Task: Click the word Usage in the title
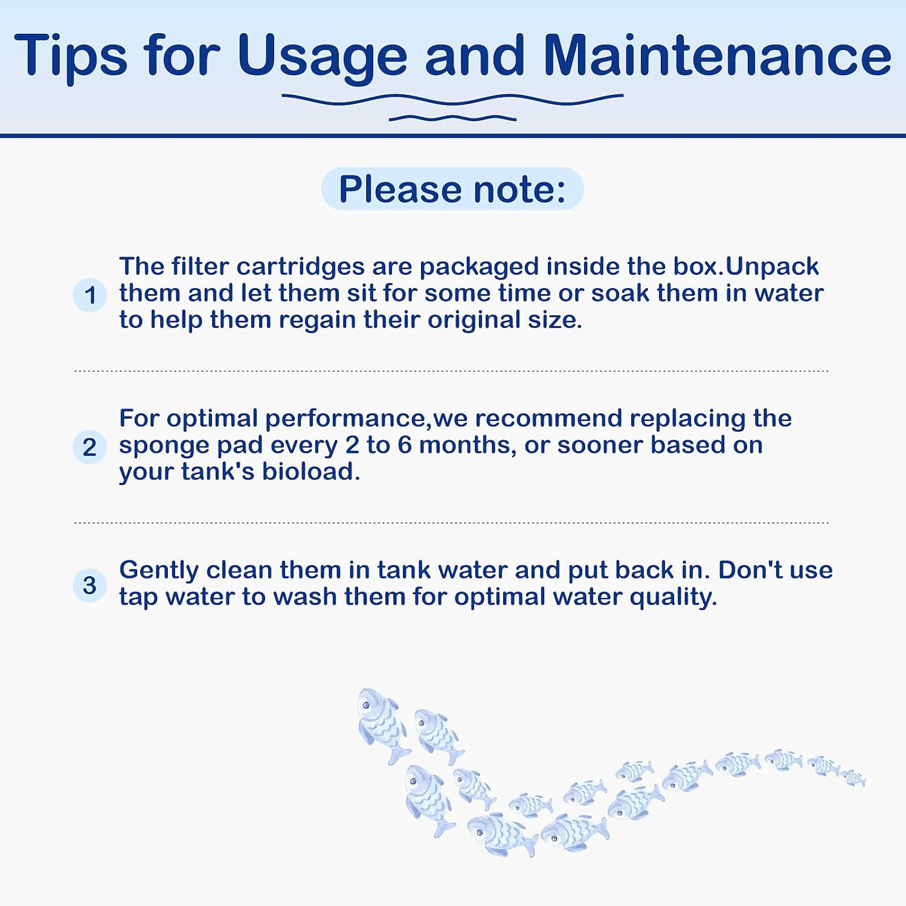pos(323,56)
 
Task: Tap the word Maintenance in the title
pos(717,55)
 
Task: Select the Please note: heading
pos(452,189)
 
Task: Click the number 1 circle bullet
pos(90,295)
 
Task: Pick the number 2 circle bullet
pos(90,447)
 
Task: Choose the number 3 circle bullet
pos(90,585)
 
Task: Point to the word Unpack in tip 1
pos(772,267)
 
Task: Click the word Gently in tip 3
pos(159,571)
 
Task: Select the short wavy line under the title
pos(452,118)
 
